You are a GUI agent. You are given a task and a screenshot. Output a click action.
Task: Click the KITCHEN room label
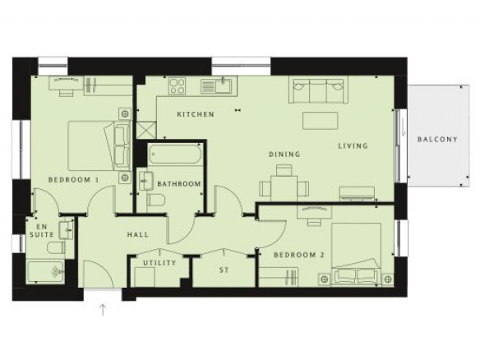196,114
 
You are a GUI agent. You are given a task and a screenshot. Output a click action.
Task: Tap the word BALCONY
437,140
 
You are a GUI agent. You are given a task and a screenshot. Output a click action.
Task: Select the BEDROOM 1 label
74,180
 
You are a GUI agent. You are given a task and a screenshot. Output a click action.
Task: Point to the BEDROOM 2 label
299,255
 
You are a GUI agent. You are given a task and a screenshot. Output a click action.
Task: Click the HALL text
138,235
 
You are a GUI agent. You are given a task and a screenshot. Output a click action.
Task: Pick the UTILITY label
159,263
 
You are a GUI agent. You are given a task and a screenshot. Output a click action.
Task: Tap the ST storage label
224,270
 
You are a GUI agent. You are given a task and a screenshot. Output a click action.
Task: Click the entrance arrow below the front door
103,310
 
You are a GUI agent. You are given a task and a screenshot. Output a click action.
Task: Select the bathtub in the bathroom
175,155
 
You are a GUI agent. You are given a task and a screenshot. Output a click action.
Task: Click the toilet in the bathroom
156,201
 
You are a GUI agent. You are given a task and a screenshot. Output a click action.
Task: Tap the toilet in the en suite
57,247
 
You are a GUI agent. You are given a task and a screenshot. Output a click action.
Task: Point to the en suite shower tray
45,272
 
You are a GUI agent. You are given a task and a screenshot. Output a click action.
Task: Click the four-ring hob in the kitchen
178,86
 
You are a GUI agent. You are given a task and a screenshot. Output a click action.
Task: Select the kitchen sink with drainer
219,85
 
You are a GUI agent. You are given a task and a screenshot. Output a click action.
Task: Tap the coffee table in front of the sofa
321,121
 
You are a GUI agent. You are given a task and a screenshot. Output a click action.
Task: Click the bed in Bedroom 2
357,254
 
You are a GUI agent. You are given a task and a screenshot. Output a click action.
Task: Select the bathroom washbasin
146,181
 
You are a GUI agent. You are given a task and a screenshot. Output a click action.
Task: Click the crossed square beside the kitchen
146,130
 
